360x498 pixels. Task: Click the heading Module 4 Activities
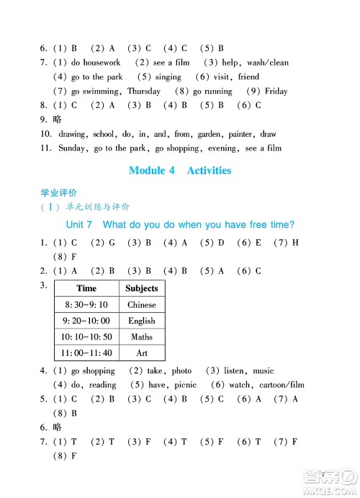[x=180, y=171]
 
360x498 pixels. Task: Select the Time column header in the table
[x=86, y=288]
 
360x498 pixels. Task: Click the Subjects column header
[x=141, y=288]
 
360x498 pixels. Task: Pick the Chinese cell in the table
[x=141, y=305]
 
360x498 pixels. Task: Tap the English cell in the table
[x=141, y=321]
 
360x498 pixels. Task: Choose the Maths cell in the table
[x=141, y=337]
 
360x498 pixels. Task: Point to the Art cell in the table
[x=141, y=353]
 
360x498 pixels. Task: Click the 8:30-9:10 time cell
[x=86, y=305]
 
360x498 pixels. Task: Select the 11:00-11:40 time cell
[x=86, y=353]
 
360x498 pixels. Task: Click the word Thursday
[x=144, y=92]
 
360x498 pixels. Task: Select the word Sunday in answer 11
[x=71, y=148]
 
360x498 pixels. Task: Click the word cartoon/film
[x=279, y=385]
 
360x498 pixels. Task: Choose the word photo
[x=181, y=370]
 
